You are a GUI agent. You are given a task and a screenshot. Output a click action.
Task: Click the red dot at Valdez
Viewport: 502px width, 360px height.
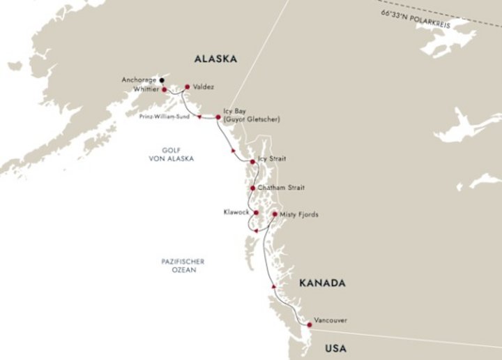(x=187, y=87)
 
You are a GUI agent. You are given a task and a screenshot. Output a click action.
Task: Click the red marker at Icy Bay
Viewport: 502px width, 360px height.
(x=218, y=117)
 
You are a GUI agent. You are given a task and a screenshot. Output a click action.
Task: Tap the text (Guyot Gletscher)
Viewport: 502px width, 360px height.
(x=252, y=119)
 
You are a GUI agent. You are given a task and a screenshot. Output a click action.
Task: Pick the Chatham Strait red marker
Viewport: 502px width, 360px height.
(x=252, y=188)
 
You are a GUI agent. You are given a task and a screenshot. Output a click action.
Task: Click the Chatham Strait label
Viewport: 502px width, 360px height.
(x=281, y=188)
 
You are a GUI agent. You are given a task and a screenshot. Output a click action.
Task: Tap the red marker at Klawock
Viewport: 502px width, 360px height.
(x=256, y=213)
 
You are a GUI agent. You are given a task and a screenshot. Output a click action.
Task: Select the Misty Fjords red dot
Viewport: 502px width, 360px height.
(x=274, y=214)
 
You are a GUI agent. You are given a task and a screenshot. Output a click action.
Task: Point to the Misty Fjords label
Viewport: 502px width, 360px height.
(x=299, y=214)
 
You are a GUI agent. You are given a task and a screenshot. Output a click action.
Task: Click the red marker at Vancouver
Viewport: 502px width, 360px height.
(x=309, y=324)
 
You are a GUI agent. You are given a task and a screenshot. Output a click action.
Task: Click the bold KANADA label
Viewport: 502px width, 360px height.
(x=321, y=284)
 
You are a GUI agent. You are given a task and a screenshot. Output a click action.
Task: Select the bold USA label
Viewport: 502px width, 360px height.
(x=339, y=347)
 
